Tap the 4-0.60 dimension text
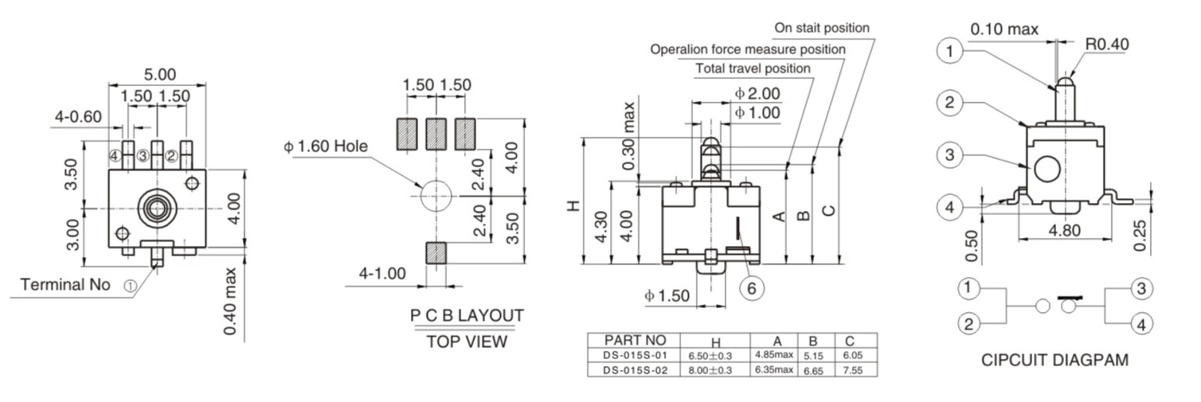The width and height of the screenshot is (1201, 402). pos(78,117)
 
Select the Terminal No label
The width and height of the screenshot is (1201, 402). pos(65,284)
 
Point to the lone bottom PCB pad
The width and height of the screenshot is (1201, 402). pos(436,252)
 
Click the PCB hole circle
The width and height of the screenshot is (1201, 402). pos(436,193)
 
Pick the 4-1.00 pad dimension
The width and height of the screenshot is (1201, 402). pos(382,274)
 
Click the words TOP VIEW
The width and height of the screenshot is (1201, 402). pos(467,342)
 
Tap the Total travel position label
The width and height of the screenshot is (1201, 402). pos(753,68)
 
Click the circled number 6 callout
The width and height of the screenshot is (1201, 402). pos(751,288)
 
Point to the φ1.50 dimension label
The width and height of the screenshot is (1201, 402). pos(667,296)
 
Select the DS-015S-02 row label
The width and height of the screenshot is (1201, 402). pos(635,369)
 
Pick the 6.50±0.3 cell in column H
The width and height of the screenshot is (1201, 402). pos(714,355)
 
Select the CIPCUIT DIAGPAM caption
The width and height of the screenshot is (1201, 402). pos(1054,360)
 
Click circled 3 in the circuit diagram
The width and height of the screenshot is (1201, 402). pos(1141,288)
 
